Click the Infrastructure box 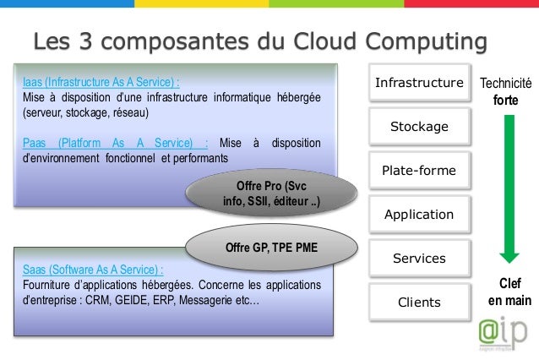[419, 83]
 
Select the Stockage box [419, 127]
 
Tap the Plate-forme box [419, 171]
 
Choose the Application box [419, 215]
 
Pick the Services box [419, 259]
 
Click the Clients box [419, 303]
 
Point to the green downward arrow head [507, 253]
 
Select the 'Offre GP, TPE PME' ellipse [271, 247]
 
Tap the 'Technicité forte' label [506, 92]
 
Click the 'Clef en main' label [506, 292]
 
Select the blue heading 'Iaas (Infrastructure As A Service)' [101, 83]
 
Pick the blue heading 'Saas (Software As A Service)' [93, 270]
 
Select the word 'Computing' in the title [427, 41]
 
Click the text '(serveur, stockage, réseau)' [85, 112]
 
